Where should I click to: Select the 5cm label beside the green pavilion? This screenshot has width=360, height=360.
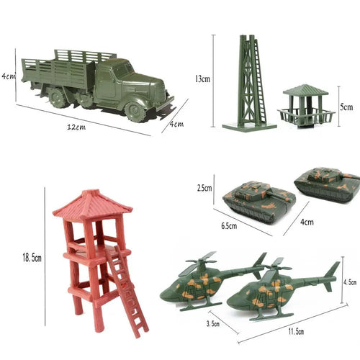pos(347,107)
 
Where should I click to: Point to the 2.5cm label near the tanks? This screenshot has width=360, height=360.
pos(204,188)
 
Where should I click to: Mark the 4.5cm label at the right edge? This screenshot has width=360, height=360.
pos(351,282)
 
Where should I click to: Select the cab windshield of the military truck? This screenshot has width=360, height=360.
pos(122,71)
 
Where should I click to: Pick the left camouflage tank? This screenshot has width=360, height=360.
pos(259,201)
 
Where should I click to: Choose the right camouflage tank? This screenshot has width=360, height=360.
pos(328,183)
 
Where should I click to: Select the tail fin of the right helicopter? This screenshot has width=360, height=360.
pos(332,274)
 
